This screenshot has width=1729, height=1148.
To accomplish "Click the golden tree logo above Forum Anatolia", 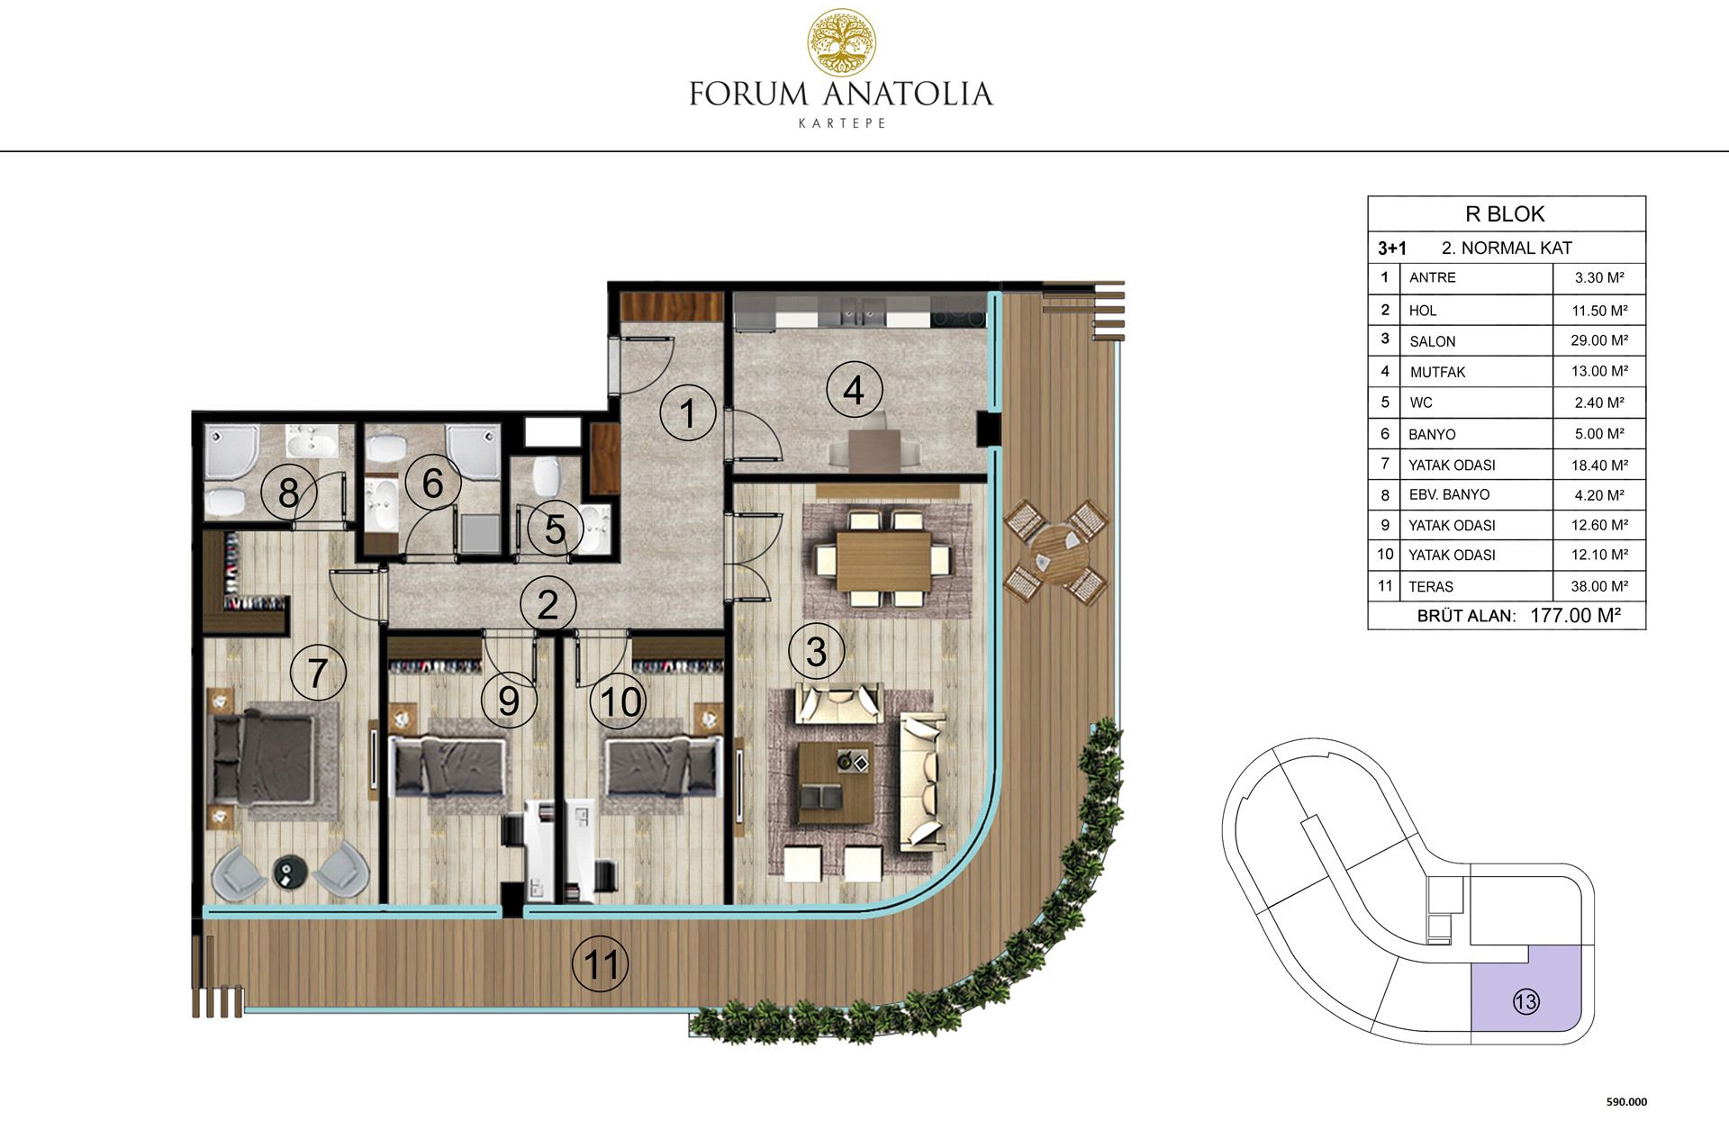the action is click(x=841, y=42).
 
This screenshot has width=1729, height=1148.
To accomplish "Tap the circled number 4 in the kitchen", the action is click(x=854, y=390).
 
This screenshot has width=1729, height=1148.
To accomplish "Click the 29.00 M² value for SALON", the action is click(x=1599, y=340).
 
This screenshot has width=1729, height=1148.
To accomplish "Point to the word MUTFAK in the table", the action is click(x=1437, y=372).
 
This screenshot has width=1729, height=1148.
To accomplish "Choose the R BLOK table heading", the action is click(x=1505, y=213).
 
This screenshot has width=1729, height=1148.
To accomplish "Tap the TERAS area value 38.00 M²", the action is click(x=1599, y=586).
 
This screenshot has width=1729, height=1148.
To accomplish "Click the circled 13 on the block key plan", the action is click(x=1526, y=1001).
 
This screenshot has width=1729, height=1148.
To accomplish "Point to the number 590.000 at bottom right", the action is click(x=1626, y=1101).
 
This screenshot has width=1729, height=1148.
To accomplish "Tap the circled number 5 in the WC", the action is click(x=555, y=529).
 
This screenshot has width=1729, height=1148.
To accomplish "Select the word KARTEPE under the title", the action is click(x=842, y=123).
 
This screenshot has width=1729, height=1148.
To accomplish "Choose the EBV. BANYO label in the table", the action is click(x=1449, y=494).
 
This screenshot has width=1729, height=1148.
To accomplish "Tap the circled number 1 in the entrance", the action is click(x=687, y=413).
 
